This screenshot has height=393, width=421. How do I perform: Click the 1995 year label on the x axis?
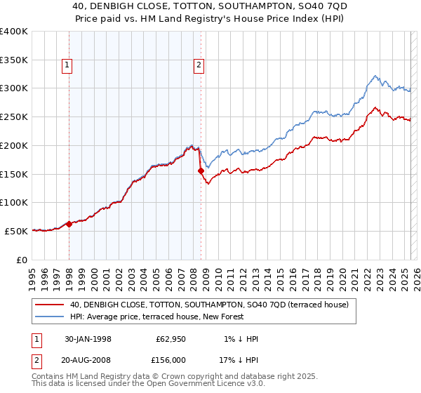pos(32,274)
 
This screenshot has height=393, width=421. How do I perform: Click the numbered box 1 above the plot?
pos(67,65)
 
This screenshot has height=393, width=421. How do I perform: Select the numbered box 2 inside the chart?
pos(199,65)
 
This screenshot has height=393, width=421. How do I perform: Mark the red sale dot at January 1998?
pos(69,224)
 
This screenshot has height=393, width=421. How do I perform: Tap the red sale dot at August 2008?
pos(201,171)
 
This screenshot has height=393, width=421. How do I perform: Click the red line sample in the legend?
pos(49,305)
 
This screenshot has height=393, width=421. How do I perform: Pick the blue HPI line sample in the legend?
pos(49,317)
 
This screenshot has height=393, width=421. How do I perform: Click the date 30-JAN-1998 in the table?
pos(87,338)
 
